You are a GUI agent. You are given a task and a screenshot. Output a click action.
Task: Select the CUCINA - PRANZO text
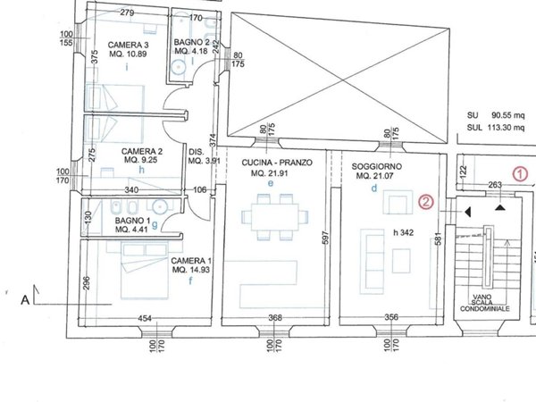coord(277,163)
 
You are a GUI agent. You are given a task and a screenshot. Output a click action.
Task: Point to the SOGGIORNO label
coord(377,166)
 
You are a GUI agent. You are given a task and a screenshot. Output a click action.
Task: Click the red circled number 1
coord(520,174)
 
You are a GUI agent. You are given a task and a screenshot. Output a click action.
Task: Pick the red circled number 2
coord(426,202)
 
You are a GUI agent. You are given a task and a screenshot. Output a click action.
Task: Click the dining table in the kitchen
coord(274,217)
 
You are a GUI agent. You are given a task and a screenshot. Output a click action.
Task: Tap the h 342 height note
coord(404,233)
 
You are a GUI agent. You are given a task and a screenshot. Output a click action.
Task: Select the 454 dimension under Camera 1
coord(145,319)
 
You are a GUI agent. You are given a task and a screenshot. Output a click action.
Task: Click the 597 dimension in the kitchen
coord(325,238)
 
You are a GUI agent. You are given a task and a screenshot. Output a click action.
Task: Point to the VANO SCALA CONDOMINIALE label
coord(484,303)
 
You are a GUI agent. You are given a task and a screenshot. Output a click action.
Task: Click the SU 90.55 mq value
coord(496,115)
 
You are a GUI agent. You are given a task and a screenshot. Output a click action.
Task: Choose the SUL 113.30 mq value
coord(496,128)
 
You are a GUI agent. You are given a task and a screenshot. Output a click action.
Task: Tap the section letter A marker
coord(25,300)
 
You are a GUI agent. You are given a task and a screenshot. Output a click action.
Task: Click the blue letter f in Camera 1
coord(190,281)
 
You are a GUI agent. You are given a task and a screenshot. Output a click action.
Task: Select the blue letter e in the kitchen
coord(271,183)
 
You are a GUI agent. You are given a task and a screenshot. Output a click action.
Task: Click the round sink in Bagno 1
coord(159,207)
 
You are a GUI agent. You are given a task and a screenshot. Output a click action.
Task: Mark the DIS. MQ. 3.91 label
coord(205,156)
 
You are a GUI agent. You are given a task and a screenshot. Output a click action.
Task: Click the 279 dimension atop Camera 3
coord(127,13)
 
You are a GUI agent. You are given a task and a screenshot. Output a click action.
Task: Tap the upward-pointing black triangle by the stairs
coord(500,207)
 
